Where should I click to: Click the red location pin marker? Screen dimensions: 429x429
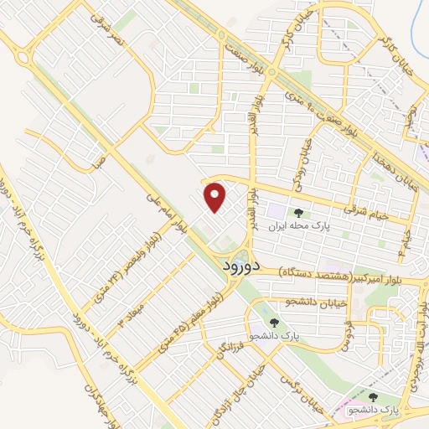[x=216, y=198]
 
